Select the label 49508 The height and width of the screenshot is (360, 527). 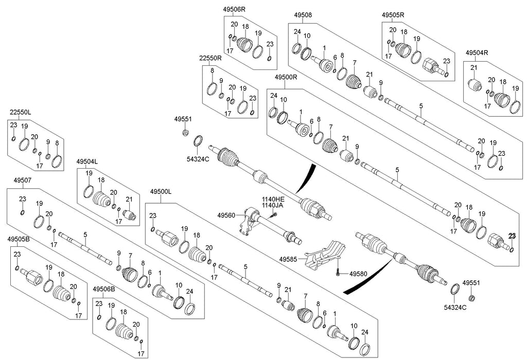click(303, 15)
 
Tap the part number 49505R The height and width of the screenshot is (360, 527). click(393, 15)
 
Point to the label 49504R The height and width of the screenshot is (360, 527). click(477, 52)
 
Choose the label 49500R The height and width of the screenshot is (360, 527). click(286, 77)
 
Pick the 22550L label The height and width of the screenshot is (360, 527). click(20, 112)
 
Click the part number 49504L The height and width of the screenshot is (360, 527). click(87, 162)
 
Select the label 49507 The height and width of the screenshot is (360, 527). click(22, 181)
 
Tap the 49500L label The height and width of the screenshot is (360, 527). click(161, 191)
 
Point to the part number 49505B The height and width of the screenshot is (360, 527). click(18, 239)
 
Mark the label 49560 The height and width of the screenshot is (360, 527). click(226, 215)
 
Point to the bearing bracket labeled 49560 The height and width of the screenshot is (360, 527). click(251, 220)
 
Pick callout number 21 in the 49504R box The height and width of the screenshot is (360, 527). click(474, 68)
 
